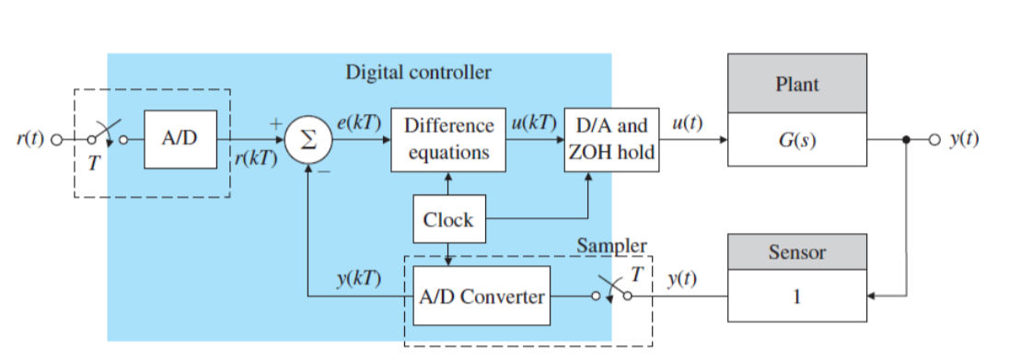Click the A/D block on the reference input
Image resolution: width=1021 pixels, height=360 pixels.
click(180, 139)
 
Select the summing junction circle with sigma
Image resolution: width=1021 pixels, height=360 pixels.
click(307, 140)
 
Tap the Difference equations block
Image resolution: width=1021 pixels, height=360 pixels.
click(448, 140)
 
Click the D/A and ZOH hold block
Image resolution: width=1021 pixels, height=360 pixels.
click(611, 140)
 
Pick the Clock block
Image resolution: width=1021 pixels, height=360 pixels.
click(448, 220)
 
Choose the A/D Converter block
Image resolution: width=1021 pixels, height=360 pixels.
click(479, 296)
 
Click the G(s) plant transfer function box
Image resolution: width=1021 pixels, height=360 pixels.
click(796, 141)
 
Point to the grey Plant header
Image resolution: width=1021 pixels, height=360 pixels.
click(796, 85)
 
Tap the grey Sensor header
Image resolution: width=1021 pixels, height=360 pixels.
click(796, 251)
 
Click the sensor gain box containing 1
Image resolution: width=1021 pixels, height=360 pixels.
click(796, 296)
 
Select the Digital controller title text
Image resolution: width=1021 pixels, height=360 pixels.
click(418, 72)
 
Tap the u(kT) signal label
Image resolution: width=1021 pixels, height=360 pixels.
click(535, 123)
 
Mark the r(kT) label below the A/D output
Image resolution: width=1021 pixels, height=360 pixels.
click(255, 158)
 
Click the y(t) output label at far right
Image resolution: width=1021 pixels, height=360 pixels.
click(964, 140)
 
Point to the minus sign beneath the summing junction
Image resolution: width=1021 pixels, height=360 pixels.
click(324, 170)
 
